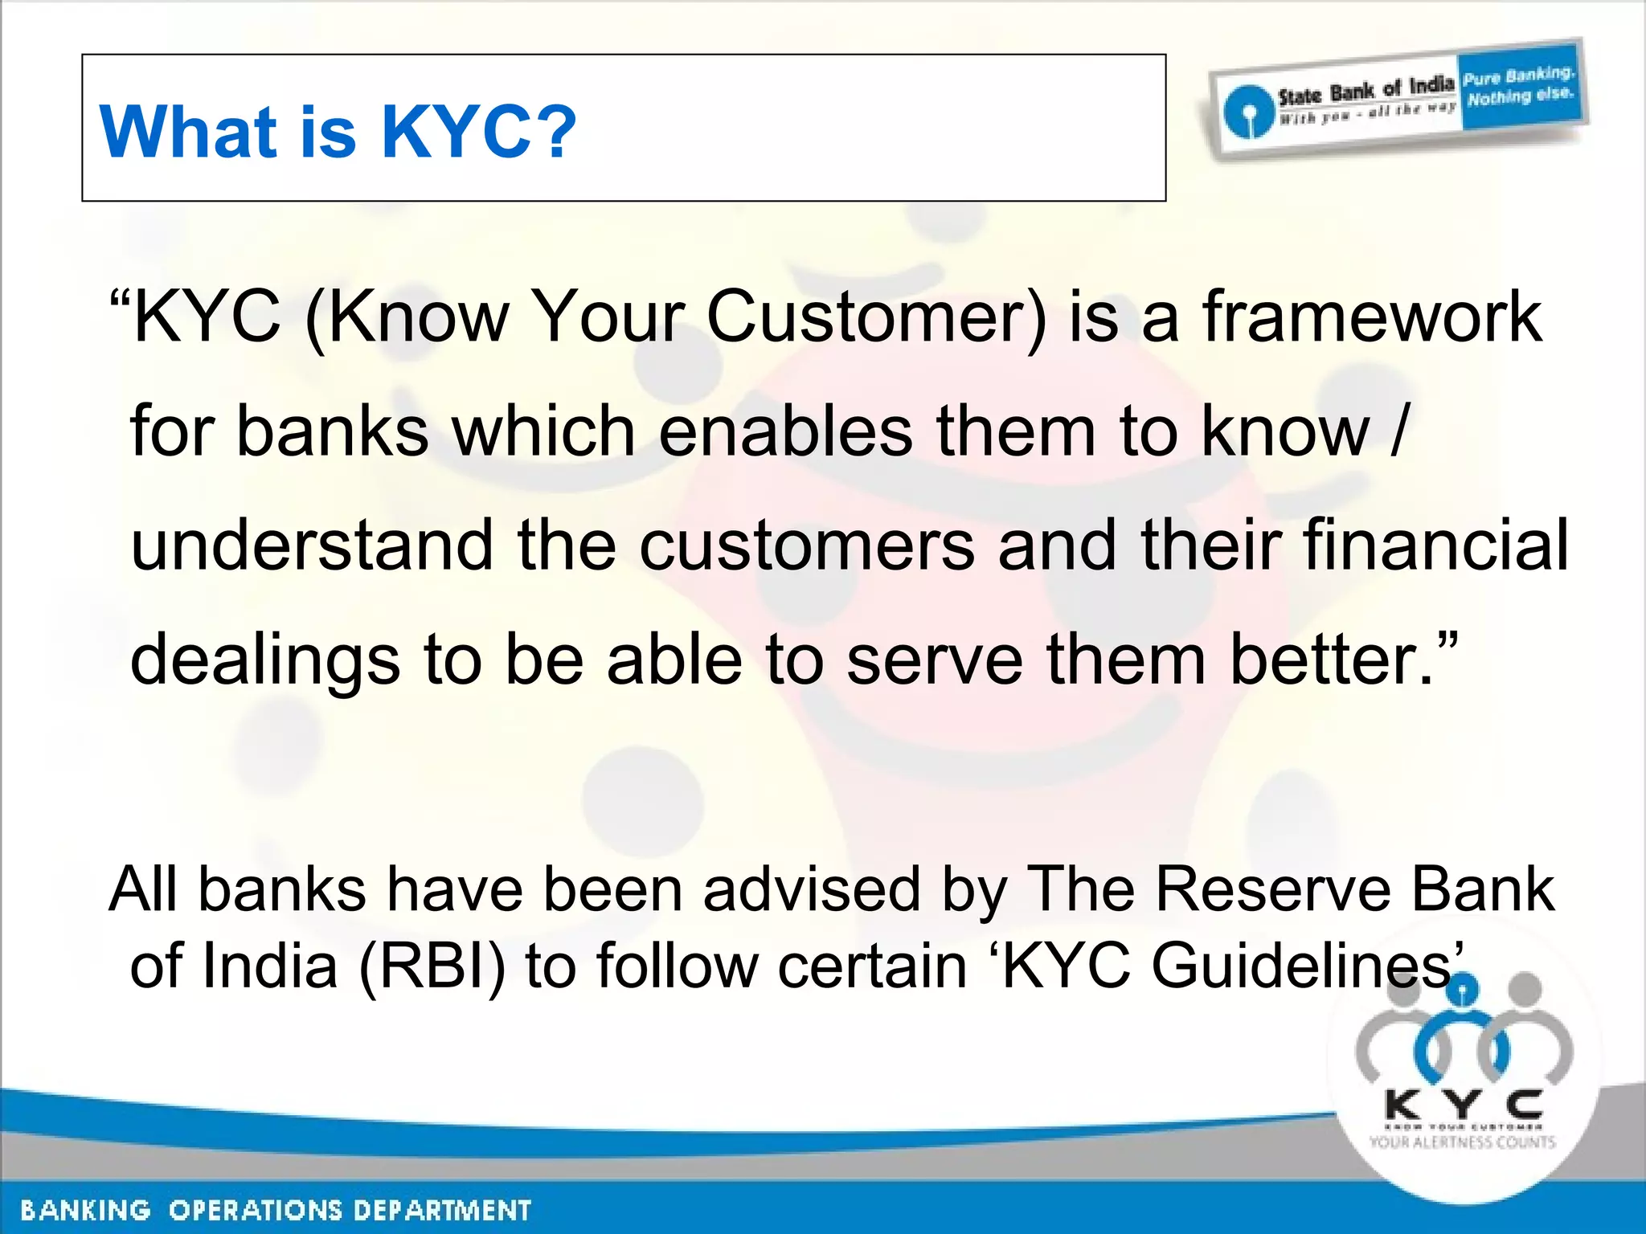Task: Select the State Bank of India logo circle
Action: coord(1247,112)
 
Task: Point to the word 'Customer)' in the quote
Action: coord(876,317)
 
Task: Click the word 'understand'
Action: coord(312,545)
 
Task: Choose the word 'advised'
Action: coord(812,889)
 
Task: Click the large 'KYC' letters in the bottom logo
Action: coord(1464,1105)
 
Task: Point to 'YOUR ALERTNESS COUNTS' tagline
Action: coord(1463,1142)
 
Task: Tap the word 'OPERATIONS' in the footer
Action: coord(254,1210)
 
